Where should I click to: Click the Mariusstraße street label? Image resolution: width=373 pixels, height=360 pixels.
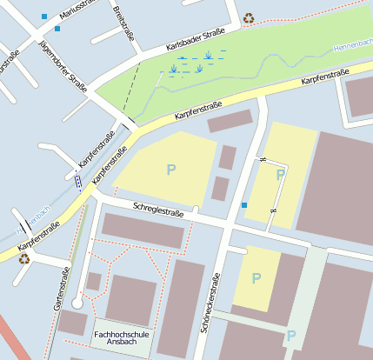(77, 10)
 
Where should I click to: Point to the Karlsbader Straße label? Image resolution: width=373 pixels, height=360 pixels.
(196, 41)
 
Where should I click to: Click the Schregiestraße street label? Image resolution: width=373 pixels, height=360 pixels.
(158, 210)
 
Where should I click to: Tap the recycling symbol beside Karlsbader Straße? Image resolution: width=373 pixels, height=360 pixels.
(249, 17)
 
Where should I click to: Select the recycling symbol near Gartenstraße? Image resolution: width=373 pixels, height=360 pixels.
(23, 257)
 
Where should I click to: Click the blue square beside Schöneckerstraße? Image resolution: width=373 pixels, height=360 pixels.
(244, 205)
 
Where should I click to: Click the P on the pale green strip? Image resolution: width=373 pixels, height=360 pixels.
(291, 336)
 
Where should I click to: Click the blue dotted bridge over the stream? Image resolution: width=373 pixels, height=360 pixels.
(78, 181)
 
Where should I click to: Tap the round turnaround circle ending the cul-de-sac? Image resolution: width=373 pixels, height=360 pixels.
(77, 303)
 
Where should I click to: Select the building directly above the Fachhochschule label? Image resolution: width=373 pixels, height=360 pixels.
(130, 300)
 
